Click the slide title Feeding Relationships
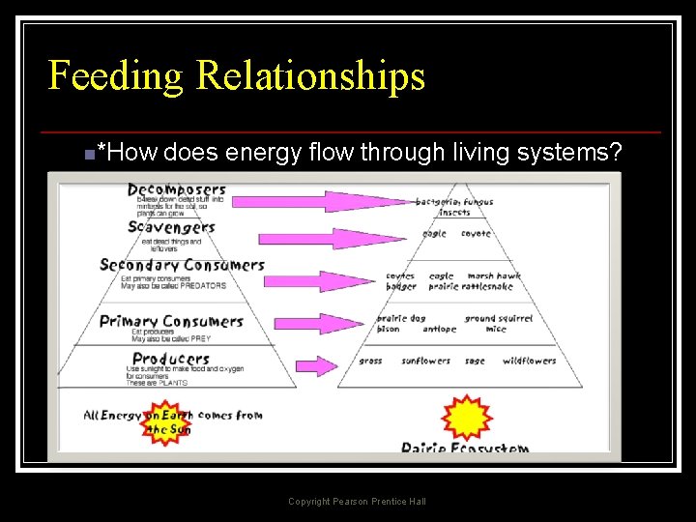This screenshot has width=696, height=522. pos(237,75)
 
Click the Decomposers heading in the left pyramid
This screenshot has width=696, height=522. pos(177,189)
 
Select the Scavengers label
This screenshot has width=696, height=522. pos(171,227)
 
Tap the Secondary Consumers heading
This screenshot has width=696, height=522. pos(182,265)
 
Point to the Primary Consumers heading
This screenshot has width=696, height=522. pos(171,321)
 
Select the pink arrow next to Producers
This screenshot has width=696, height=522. pos(316,365)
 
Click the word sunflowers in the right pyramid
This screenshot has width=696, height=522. pos(426,361)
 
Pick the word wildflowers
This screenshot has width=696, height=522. pos(529,361)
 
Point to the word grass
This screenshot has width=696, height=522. pos(370,361)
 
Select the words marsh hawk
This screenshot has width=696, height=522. pos(494,275)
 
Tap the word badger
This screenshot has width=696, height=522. pos(401,286)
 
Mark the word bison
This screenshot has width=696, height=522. pos(388,329)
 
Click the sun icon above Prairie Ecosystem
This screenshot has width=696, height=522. pos(467,419)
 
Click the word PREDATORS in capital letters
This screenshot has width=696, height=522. pos(201,285)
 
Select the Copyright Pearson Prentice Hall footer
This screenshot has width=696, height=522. pos(357,501)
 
